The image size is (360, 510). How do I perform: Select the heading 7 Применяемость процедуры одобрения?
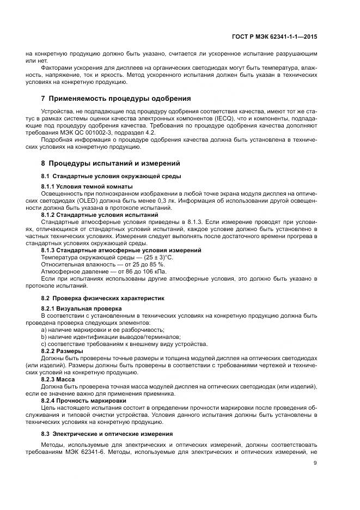pos(116,99)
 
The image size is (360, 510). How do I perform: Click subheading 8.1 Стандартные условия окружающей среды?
pos(111,176)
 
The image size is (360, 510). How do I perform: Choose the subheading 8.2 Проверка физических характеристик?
pos(102,299)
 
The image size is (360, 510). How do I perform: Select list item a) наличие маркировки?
pos(102,330)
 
